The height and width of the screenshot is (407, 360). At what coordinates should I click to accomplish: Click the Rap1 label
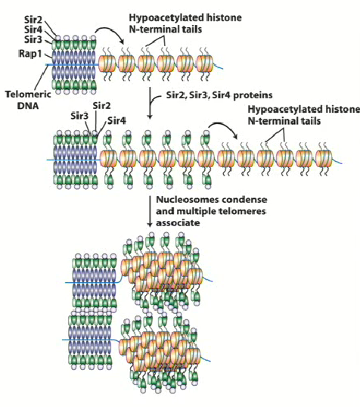[29, 54]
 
